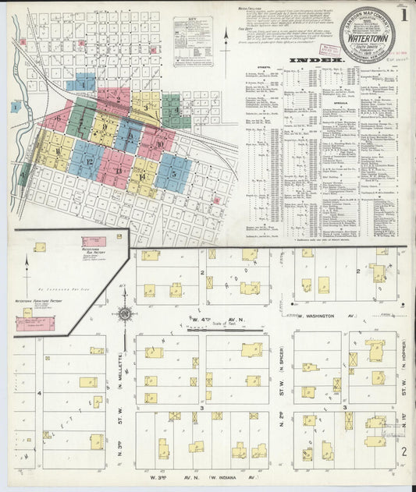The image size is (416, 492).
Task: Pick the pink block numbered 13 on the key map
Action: pyautogui.click(x=119, y=172)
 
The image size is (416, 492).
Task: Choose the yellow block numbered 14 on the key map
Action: pyautogui.click(x=143, y=176)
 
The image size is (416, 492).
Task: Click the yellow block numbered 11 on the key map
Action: pyautogui.click(x=57, y=147)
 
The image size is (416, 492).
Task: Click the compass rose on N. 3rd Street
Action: pyautogui.click(x=123, y=316)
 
